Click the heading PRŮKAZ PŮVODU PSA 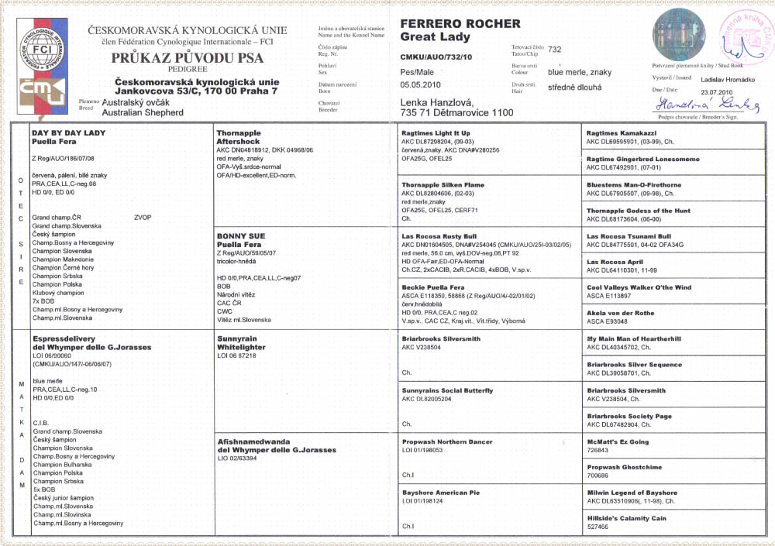(188, 58)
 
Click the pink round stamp (743, 36)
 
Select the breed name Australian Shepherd (143, 112)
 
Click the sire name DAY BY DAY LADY (68, 133)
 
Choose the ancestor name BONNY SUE (242, 236)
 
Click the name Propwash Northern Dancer (447, 441)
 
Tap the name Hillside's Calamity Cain (626, 517)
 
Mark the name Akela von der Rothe (620, 313)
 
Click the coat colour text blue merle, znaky (579, 72)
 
